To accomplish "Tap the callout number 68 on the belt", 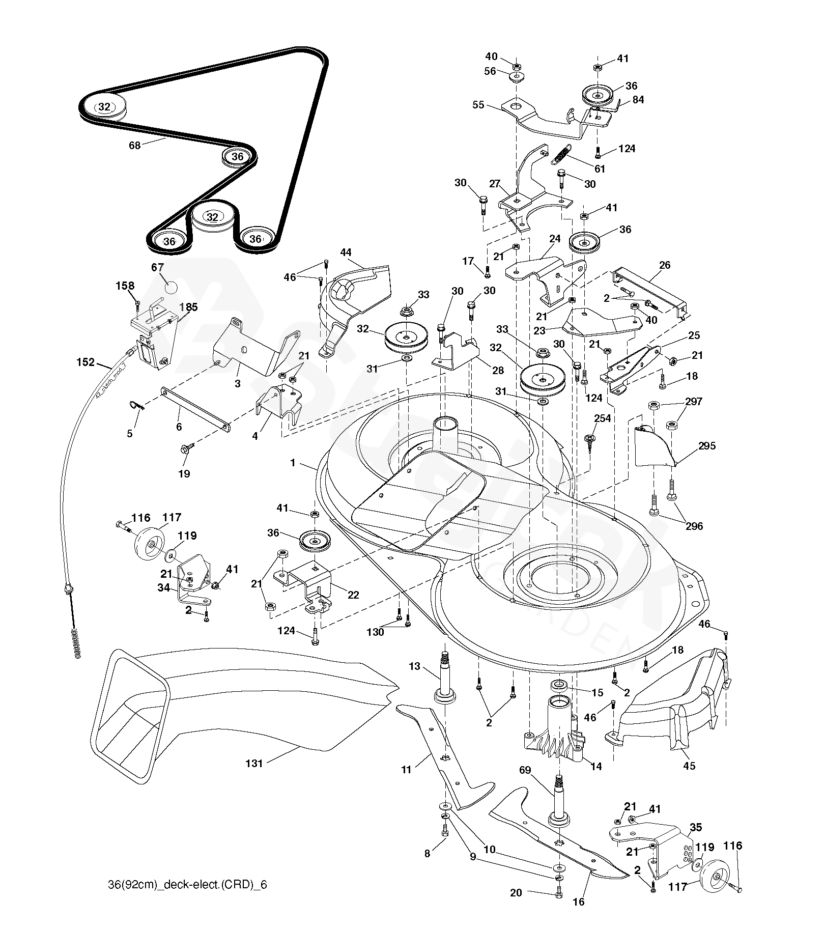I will (x=134, y=146).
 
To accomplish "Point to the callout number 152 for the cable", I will (x=86, y=362).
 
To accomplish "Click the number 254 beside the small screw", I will (x=603, y=418).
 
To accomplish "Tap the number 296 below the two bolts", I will (x=694, y=526).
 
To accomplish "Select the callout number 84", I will (x=638, y=100).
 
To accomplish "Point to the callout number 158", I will (x=125, y=286).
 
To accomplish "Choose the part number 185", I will (x=188, y=307).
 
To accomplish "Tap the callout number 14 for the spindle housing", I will (x=596, y=766).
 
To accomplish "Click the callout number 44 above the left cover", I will (x=346, y=252).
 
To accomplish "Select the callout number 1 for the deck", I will (x=293, y=463).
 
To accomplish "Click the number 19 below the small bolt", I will (x=184, y=473).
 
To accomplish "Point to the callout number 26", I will (x=664, y=265).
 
